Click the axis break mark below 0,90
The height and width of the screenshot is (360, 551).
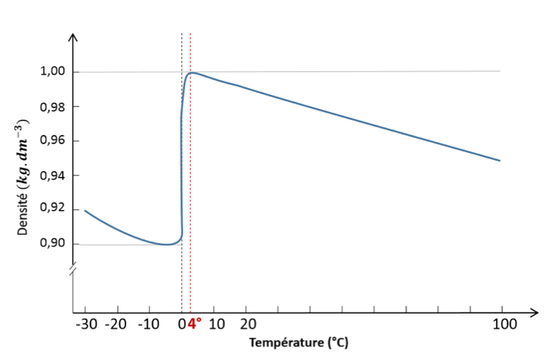coord(73,271)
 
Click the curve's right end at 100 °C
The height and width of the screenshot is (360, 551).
coord(500,161)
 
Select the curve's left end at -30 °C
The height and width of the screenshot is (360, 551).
coord(85,210)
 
